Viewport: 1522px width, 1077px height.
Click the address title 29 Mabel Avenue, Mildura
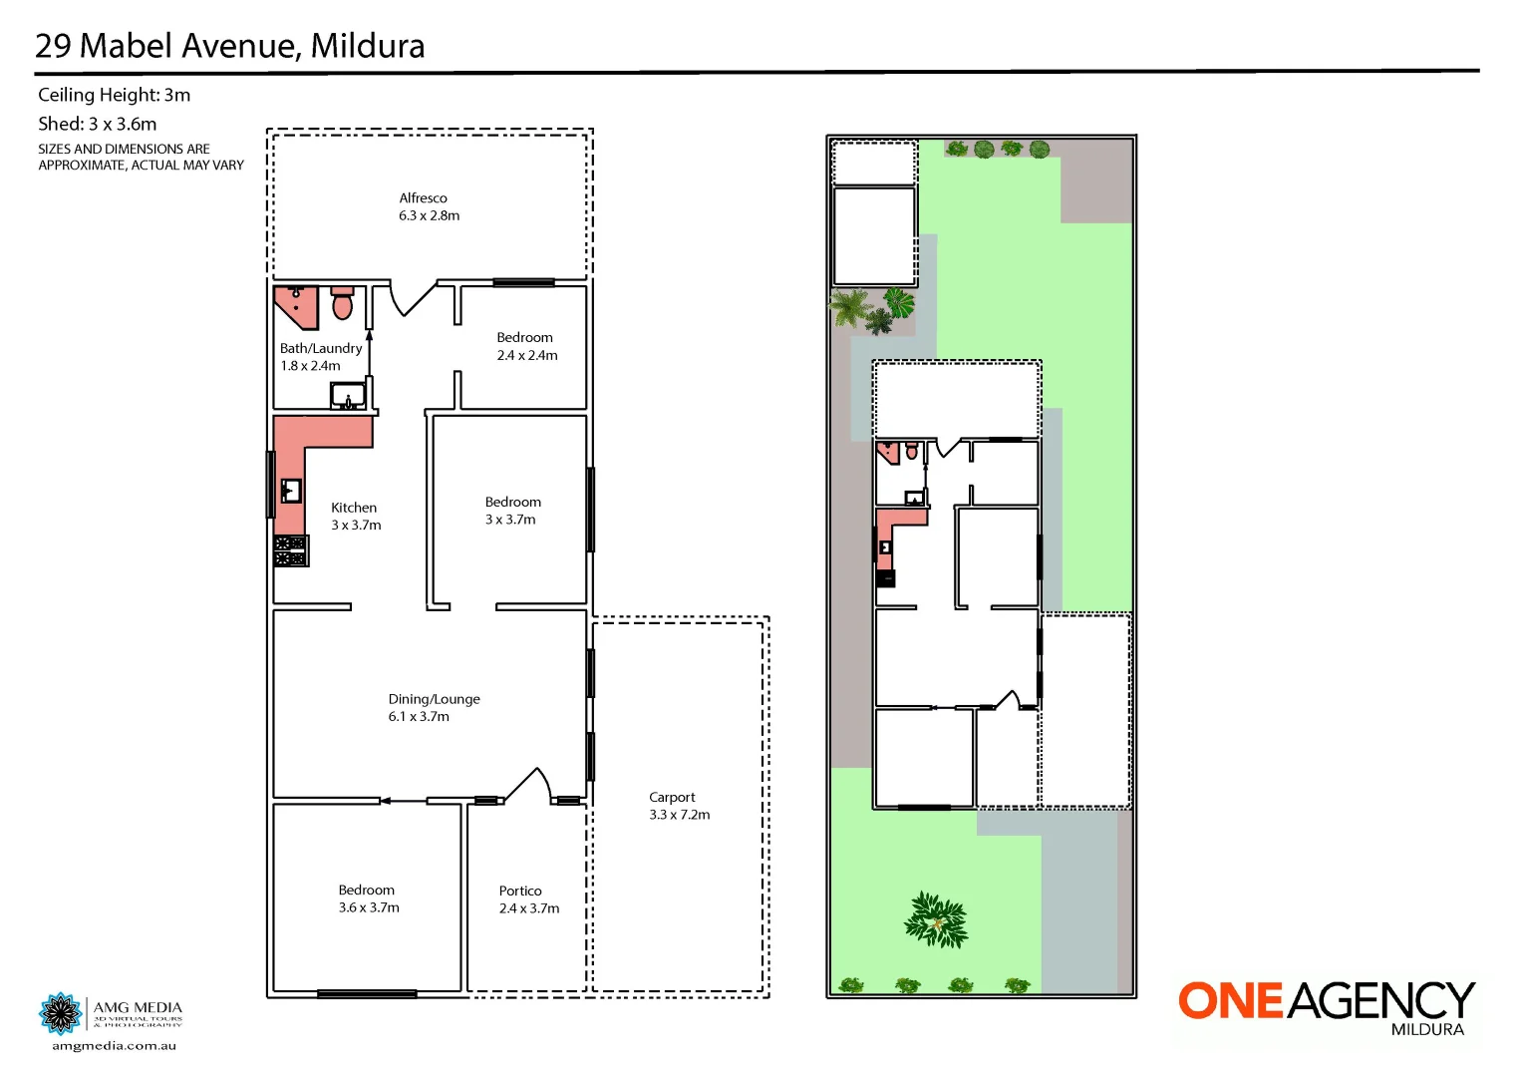pyautogui.click(x=229, y=46)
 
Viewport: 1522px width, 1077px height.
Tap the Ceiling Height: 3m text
pyautogui.click(x=114, y=95)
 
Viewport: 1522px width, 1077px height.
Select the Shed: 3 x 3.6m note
pyautogui.click(x=97, y=124)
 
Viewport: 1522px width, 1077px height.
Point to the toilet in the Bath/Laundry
pyautogui.click(x=342, y=303)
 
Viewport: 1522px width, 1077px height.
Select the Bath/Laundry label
pyautogui.click(x=320, y=356)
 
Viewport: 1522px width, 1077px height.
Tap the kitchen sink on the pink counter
pyautogui.click(x=291, y=491)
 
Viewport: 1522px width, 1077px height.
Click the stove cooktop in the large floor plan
pyautogui.click(x=291, y=551)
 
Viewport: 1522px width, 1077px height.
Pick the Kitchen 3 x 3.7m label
pyautogui.click(x=355, y=516)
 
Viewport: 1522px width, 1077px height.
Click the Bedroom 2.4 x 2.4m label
pyautogui.click(x=526, y=346)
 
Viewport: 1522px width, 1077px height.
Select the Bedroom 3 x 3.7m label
pyautogui.click(x=512, y=511)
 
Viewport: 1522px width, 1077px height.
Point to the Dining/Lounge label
pyautogui.click(x=434, y=707)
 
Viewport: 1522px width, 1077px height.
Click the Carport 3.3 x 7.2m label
pyautogui.click(x=678, y=806)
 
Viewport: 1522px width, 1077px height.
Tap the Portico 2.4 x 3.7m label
pyautogui.click(x=528, y=898)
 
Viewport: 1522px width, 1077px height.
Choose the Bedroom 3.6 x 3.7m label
pyautogui.click(x=368, y=898)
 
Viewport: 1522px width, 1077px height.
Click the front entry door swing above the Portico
pyautogui.click(x=530, y=785)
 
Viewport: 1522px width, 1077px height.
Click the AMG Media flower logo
pyautogui.click(x=61, y=1014)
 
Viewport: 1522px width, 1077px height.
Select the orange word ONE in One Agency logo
pyautogui.click(x=1231, y=1000)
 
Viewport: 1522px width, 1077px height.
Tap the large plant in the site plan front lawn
pyautogui.click(x=936, y=919)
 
